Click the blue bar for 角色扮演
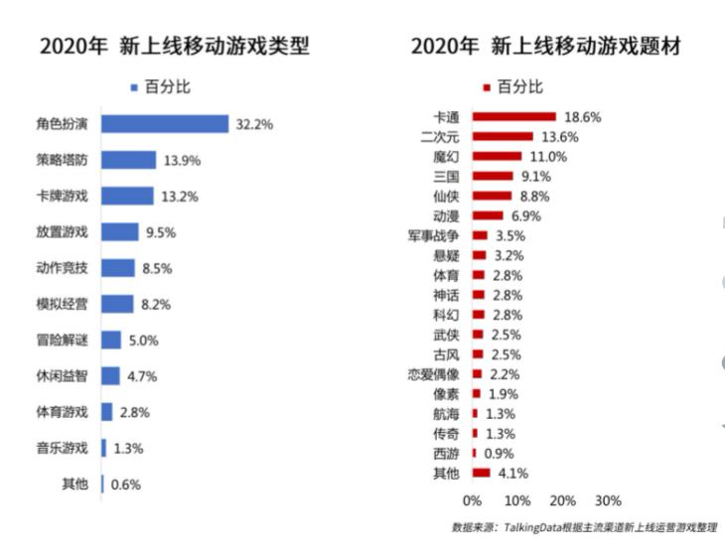(x=165, y=124)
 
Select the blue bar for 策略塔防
(x=128, y=160)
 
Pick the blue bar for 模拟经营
(x=117, y=304)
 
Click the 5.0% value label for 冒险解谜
(x=144, y=341)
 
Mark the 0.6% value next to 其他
(x=126, y=485)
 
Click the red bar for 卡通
(x=513, y=116)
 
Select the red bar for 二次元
(x=503, y=136)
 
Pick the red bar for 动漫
(x=488, y=215)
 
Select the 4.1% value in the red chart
(x=513, y=473)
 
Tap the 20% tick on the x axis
(x=562, y=499)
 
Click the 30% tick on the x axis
(x=608, y=499)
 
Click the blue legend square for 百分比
(x=133, y=87)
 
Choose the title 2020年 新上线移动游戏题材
(x=545, y=46)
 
